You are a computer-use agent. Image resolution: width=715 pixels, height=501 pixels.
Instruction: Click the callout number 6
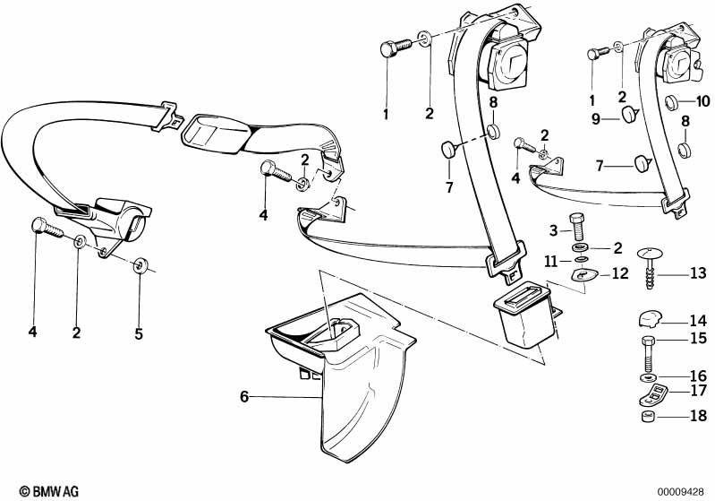(x=244, y=397)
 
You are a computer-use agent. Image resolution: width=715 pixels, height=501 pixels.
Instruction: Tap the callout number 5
(x=139, y=333)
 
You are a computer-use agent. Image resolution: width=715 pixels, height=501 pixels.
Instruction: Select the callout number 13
(x=698, y=273)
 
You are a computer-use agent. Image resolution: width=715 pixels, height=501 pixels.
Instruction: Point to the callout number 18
(x=699, y=416)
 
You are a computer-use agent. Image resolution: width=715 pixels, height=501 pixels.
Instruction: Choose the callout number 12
(x=620, y=273)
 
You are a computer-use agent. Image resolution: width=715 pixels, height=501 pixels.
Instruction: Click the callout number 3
(x=554, y=230)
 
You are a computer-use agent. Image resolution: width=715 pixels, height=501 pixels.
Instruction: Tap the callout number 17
(x=699, y=391)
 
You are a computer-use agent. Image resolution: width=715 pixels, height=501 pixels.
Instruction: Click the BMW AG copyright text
(x=49, y=491)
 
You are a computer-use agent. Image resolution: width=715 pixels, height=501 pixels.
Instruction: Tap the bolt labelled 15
(x=649, y=353)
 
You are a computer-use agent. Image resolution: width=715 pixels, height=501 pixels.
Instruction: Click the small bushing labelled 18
(x=649, y=417)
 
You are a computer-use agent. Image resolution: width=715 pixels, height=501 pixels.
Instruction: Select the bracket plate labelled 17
(x=653, y=395)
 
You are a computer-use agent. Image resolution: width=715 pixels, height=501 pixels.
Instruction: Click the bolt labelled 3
(x=577, y=227)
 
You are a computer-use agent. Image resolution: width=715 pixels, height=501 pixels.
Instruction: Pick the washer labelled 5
(x=140, y=265)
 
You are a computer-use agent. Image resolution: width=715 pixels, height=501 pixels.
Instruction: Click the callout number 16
(x=699, y=376)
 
